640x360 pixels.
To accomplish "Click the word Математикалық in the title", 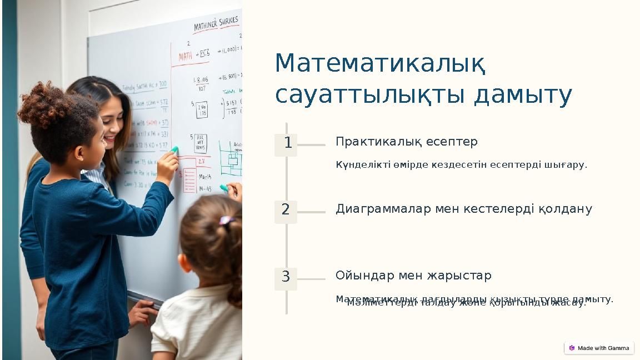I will (x=381, y=64).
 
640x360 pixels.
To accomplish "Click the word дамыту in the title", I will (x=523, y=95).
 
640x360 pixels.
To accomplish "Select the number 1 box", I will (x=286, y=144).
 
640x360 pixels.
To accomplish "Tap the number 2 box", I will (x=286, y=211).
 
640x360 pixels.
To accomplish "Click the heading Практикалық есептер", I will (x=406, y=142).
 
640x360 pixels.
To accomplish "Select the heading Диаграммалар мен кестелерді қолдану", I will (x=463, y=209).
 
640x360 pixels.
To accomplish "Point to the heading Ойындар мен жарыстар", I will (x=413, y=276).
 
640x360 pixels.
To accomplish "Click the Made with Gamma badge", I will (x=599, y=348).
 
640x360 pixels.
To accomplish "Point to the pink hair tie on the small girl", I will (x=226, y=221).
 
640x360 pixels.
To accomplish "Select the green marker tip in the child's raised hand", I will (x=174, y=150).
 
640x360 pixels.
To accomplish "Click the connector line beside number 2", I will (x=312, y=212).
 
